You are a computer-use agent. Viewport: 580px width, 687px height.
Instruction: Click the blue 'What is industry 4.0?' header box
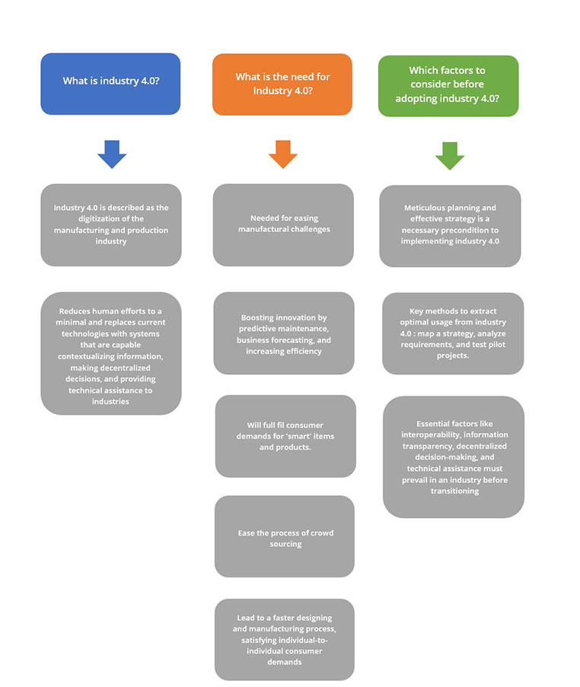pyautogui.click(x=110, y=84)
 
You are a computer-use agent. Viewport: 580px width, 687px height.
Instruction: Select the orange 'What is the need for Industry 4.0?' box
pyautogui.click(x=282, y=84)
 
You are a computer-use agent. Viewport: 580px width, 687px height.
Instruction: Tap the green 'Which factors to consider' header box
pyautogui.click(x=448, y=86)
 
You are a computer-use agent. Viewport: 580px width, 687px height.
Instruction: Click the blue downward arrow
pyautogui.click(x=112, y=154)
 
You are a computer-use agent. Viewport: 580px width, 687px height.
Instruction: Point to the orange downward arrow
pyautogui.click(x=282, y=154)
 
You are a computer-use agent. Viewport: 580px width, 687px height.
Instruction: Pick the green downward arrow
pyautogui.click(x=450, y=156)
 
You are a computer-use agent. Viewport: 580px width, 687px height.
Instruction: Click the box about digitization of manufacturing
pyautogui.click(x=111, y=224)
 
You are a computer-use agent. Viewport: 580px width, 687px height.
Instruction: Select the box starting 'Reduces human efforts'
pyautogui.click(x=111, y=354)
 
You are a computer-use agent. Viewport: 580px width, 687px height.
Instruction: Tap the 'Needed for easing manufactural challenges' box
pyautogui.click(x=283, y=224)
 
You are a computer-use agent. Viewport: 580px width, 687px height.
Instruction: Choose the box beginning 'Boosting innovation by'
pyautogui.click(x=284, y=333)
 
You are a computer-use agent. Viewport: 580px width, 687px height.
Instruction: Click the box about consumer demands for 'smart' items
pyautogui.click(x=285, y=436)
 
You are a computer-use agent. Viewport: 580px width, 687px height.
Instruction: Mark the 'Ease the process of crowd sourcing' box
pyautogui.click(x=285, y=536)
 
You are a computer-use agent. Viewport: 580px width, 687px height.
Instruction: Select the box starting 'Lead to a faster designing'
pyautogui.click(x=285, y=640)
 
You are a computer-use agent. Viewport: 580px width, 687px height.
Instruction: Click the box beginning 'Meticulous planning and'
pyautogui.click(x=451, y=226)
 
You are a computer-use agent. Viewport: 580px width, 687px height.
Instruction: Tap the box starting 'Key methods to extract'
pyautogui.click(x=453, y=333)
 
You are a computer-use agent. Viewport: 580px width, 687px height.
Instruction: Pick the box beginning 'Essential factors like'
pyautogui.click(x=454, y=457)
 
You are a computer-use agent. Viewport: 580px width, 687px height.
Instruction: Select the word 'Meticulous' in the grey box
pyautogui.click(x=423, y=208)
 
